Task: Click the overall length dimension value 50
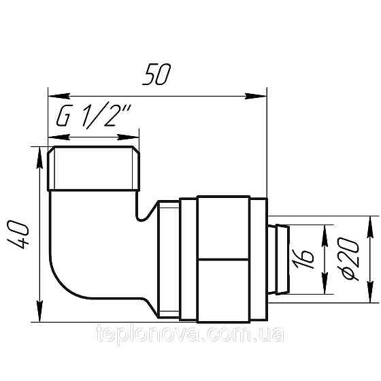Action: pyautogui.click(x=157, y=74)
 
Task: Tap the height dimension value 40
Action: pyautogui.click(x=21, y=235)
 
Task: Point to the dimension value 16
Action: pyautogui.click(x=308, y=256)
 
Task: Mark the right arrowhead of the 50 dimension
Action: pyautogui.click(x=262, y=95)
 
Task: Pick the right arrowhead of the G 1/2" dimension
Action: pyautogui.click(x=134, y=134)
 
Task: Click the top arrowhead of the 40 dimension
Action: pyautogui.click(x=38, y=153)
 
